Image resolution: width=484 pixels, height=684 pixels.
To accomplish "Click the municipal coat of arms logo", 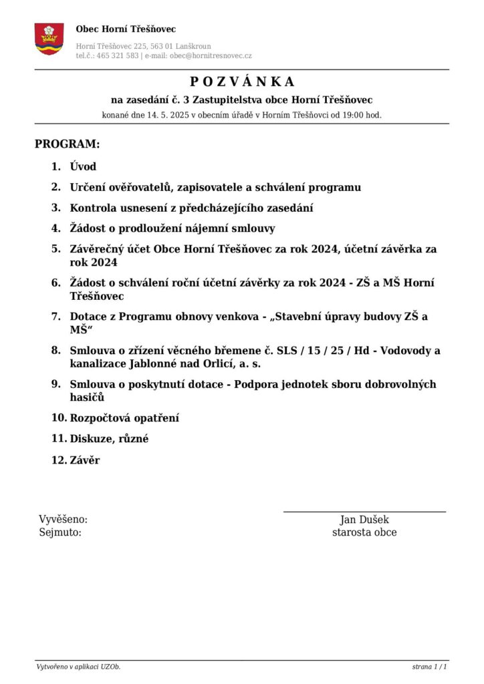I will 49,39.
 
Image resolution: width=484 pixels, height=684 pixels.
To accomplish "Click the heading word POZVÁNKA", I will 242,81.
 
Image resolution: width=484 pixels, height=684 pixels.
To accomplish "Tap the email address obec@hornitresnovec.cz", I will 211,56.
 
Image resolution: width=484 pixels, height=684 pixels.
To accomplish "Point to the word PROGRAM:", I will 67,144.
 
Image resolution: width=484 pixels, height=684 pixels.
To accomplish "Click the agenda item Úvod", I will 83,167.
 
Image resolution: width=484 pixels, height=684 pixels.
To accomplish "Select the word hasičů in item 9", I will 87,397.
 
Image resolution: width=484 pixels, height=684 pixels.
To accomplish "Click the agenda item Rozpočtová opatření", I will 124,418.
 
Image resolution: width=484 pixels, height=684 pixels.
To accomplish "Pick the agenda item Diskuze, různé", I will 109,439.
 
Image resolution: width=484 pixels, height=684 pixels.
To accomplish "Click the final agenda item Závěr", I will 85,460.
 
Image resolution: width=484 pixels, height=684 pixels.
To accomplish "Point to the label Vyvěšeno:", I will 63,520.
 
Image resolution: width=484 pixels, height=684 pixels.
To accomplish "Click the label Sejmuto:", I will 60,532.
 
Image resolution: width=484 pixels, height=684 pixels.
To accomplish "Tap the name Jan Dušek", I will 364,520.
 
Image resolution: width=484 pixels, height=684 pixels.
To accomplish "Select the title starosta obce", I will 364,532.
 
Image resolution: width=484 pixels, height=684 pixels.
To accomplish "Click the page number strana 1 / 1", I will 429,667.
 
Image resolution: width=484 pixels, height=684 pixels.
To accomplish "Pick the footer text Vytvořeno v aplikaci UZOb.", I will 78,667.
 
